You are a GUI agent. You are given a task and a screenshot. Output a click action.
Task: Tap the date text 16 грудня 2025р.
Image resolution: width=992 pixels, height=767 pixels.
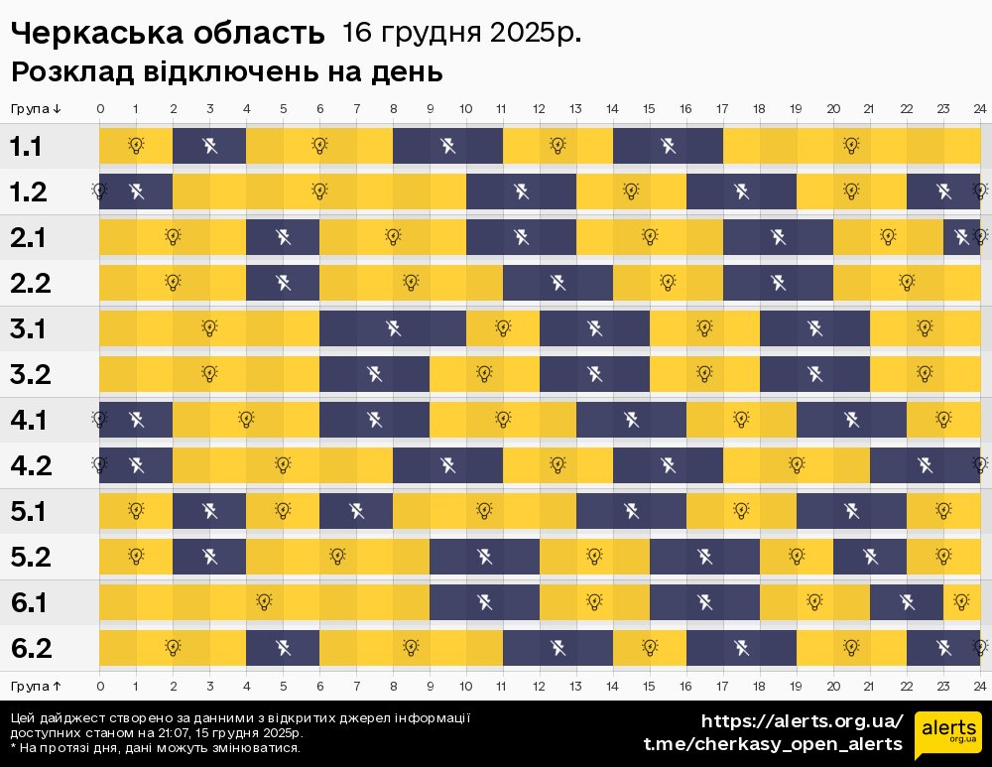coord(461,33)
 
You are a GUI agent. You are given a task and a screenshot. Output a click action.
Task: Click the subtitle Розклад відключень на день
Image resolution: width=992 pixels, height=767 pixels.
coord(226,72)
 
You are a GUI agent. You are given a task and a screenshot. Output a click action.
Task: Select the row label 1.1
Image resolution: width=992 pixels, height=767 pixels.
coord(26,147)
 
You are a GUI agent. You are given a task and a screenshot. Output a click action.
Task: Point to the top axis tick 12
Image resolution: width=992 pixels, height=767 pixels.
coord(539,109)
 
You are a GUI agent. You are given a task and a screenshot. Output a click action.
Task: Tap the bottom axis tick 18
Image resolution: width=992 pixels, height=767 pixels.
coord(759,686)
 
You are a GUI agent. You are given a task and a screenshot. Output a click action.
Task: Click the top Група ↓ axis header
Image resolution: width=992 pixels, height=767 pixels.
coord(37,109)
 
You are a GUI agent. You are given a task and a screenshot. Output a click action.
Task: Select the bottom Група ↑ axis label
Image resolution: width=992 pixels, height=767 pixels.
coord(37,686)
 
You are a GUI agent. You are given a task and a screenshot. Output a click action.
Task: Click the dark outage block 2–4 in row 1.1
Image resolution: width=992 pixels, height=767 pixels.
coord(209,146)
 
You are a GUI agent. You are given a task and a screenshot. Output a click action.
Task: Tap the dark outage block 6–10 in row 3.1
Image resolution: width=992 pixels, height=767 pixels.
coord(393,327)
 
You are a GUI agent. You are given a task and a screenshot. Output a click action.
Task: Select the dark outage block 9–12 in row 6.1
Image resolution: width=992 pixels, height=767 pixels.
coord(484,601)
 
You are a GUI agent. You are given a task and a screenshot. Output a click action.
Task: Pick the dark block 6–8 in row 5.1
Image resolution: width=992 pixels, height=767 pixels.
coord(356,511)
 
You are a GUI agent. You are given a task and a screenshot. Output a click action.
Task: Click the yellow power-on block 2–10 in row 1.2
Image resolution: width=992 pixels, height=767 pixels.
coord(319,191)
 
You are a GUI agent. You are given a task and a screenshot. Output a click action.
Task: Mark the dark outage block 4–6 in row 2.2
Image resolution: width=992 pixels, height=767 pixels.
coord(283,283)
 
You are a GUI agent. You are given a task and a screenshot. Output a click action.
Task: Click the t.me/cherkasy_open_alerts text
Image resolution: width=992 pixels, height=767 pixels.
coord(773,744)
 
